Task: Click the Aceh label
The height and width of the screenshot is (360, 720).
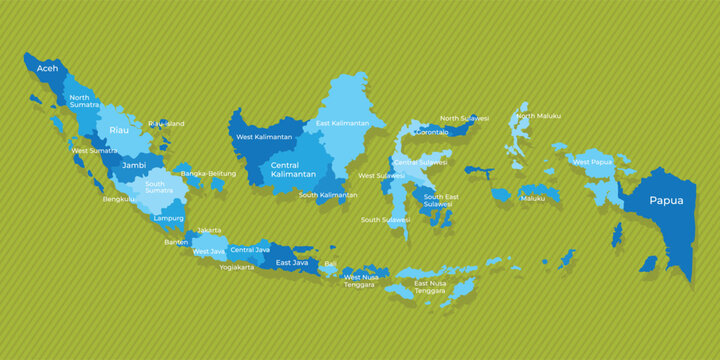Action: point(47,68)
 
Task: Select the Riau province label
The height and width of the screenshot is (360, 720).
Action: point(119,130)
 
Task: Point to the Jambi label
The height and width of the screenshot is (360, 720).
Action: point(134,165)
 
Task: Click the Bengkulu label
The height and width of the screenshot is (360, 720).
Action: point(119,199)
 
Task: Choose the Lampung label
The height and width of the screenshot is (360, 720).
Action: point(167,217)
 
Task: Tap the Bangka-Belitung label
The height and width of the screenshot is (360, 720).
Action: point(208,174)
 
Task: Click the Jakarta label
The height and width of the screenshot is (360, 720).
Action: point(209,230)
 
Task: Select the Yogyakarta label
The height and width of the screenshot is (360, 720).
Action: point(237,267)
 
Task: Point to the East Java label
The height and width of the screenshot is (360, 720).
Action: point(291,262)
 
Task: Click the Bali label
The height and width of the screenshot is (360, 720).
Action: point(330,264)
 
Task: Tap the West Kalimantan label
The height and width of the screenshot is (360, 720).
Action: point(264,137)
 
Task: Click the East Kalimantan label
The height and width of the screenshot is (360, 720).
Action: point(343,124)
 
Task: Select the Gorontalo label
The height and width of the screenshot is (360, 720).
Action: point(432,132)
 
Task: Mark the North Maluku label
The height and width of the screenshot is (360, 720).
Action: point(538,116)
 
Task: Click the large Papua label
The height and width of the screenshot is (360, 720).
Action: point(666,200)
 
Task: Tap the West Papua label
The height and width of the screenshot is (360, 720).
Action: point(592,161)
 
